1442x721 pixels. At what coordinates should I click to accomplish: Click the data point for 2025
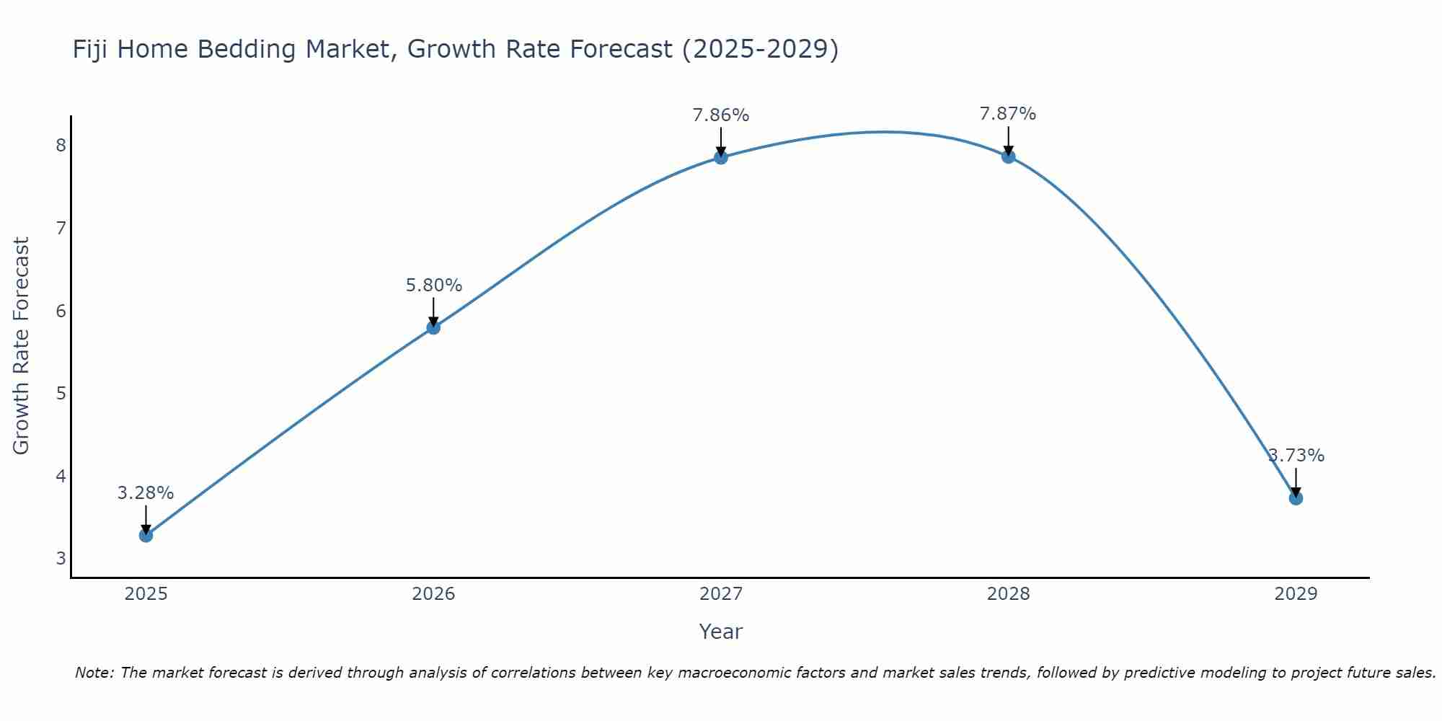coord(146,535)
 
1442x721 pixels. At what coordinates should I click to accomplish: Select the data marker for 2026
coord(433,327)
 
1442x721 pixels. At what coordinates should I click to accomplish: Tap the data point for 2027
coord(721,157)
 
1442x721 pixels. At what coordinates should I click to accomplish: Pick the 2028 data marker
coord(1008,156)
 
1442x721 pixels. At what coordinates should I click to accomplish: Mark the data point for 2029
coord(1296,498)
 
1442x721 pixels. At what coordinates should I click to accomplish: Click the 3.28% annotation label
coord(146,493)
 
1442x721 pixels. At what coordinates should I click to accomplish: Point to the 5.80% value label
coord(433,286)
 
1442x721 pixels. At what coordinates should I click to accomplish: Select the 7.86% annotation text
coord(721,115)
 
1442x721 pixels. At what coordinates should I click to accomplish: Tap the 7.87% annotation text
coord(1008,114)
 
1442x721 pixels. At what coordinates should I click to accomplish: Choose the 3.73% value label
coord(1296,456)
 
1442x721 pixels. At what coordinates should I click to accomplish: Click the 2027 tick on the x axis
coord(721,594)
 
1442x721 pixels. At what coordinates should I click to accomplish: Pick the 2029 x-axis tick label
coord(1296,594)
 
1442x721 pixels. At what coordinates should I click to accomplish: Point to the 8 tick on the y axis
coord(61,146)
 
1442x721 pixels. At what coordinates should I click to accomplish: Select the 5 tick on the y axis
coord(61,394)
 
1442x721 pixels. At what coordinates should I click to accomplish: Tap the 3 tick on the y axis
coord(61,559)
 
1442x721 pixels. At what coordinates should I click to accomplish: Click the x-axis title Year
coord(721,632)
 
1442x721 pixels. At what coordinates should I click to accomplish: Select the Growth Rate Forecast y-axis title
coord(22,346)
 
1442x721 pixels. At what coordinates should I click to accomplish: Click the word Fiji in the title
coord(93,50)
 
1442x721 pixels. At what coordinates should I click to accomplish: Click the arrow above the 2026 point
coord(433,311)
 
